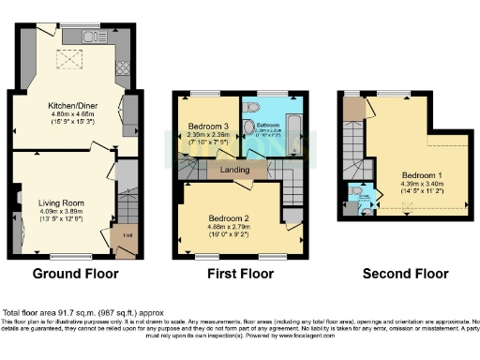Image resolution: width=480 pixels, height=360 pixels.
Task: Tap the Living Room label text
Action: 62,202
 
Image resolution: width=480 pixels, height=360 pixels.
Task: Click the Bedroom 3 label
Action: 208,127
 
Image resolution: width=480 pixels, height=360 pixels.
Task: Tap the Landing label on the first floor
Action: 234,170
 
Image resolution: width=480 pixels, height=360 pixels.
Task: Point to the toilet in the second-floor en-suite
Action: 357,193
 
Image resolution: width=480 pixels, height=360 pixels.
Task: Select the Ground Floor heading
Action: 75,275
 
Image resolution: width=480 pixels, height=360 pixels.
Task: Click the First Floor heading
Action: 241,275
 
